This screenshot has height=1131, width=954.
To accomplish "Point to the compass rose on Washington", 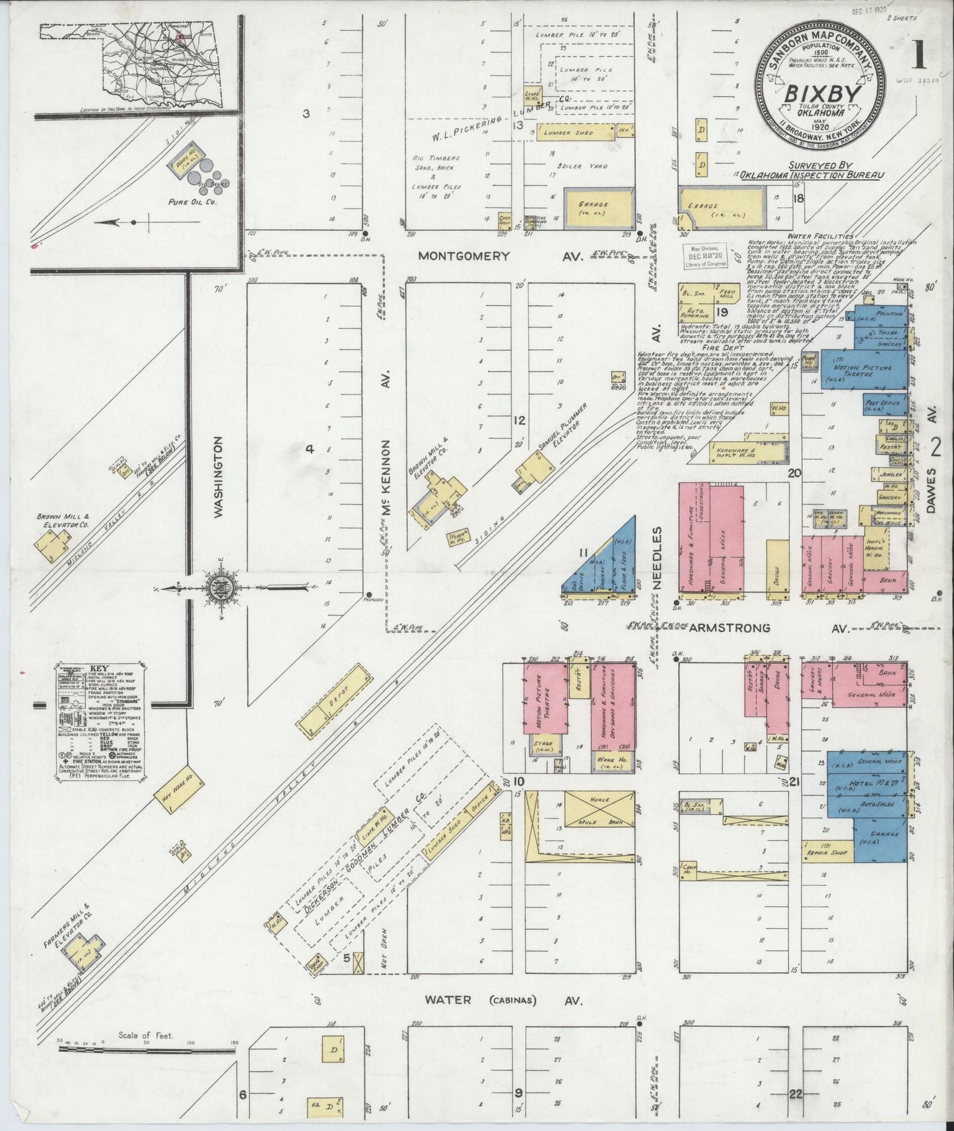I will tap(220, 588).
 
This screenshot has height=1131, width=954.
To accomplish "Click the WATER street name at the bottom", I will tap(448, 1018).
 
